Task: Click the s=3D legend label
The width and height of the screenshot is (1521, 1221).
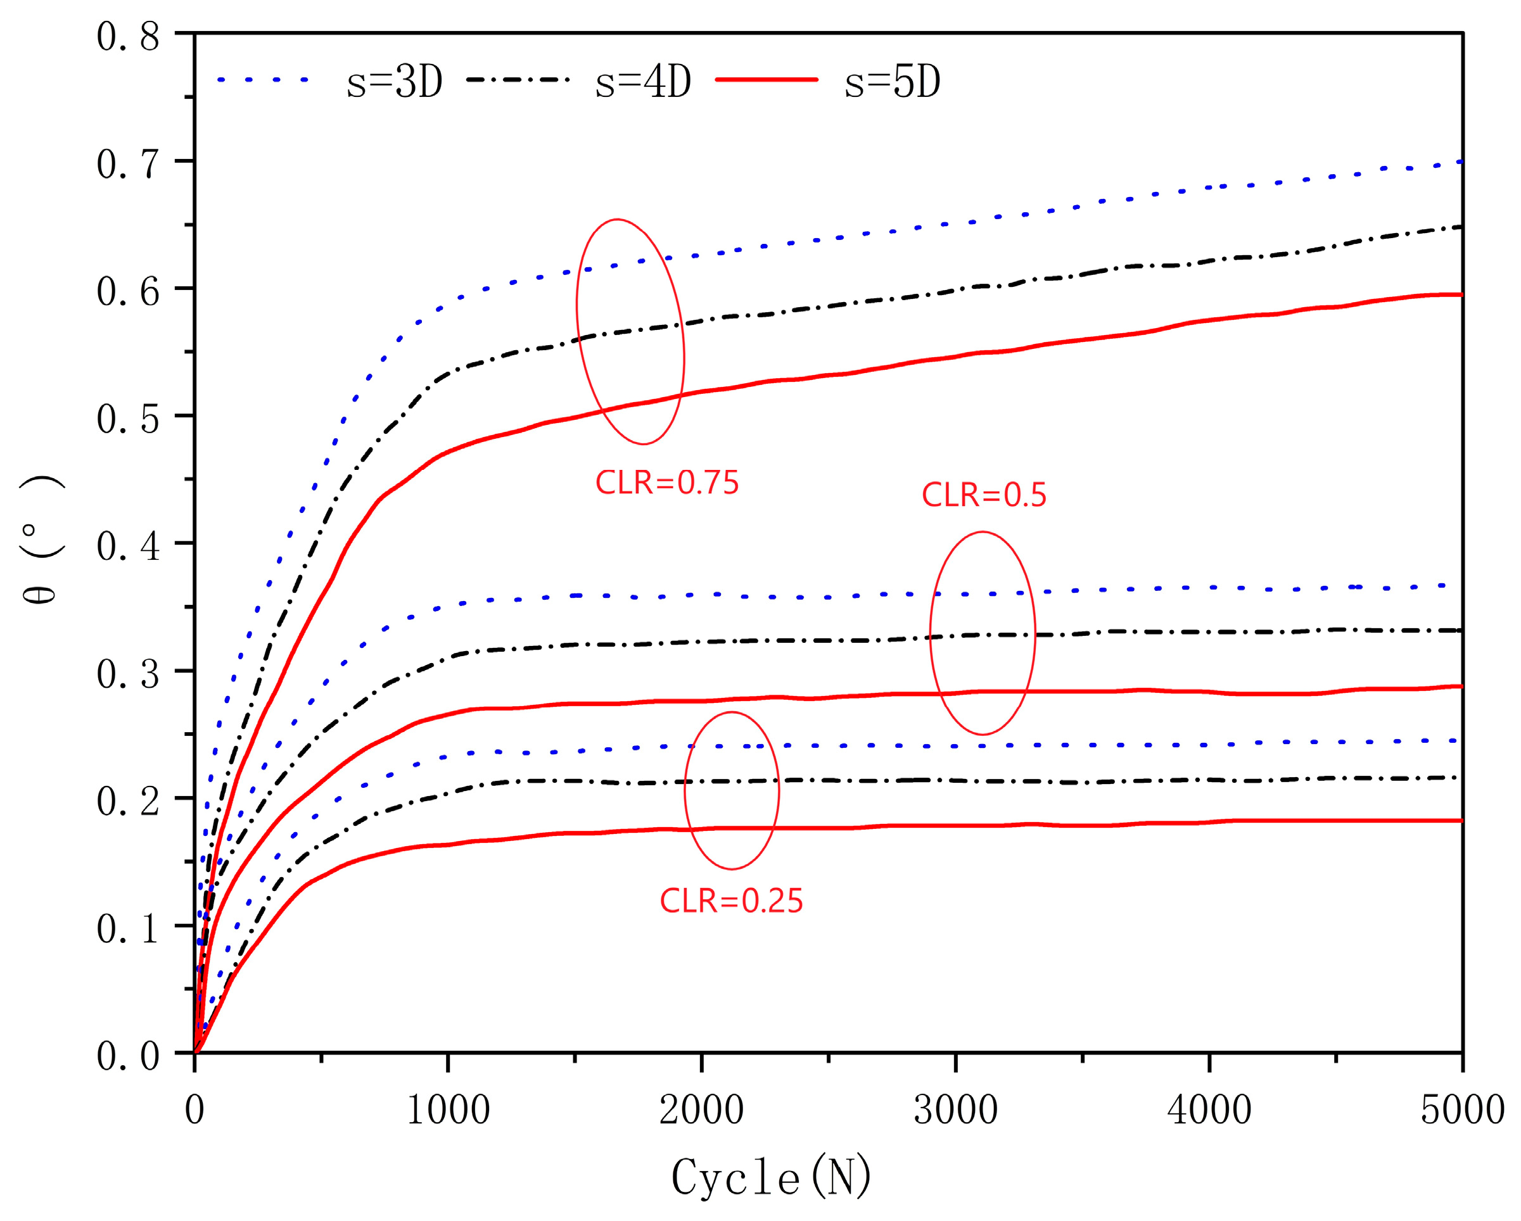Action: click(395, 82)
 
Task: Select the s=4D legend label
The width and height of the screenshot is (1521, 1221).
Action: click(643, 82)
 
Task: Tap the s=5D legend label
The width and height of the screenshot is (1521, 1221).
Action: click(893, 82)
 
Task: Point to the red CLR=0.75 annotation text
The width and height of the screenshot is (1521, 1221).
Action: click(666, 483)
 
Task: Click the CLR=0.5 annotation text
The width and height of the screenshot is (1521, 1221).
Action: click(984, 495)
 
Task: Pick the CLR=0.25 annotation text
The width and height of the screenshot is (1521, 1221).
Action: click(732, 901)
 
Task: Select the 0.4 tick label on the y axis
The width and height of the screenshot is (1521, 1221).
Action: click(128, 547)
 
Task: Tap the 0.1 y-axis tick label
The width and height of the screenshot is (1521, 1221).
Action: click(128, 929)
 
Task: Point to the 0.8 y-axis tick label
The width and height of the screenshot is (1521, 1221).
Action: click(128, 37)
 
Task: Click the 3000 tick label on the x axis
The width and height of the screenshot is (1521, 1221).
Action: click(955, 1110)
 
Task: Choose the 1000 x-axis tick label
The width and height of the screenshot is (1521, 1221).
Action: click(448, 1110)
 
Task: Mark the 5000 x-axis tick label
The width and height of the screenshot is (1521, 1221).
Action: click(1461, 1110)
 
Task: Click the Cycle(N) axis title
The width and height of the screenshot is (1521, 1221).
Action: click(771, 1177)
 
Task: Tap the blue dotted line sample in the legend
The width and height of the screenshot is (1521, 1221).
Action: click(262, 80)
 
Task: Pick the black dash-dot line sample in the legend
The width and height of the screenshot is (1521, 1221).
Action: click(517, 80)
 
